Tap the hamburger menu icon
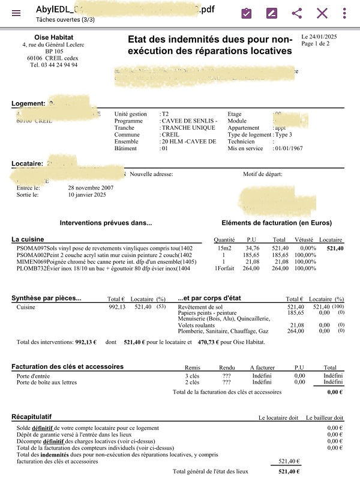tap(16, 13)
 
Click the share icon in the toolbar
tap(296, 13)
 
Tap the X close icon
tap(322, 13)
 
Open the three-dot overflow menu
tap(344, 13)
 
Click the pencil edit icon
tap(271, 13)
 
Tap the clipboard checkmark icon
tap(246, 13)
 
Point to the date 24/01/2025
tap(326, 37)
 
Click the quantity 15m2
tap(224, 247)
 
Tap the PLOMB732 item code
tap(29, 268)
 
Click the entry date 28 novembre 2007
tap(91, 187)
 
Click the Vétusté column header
tap(304, 239)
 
